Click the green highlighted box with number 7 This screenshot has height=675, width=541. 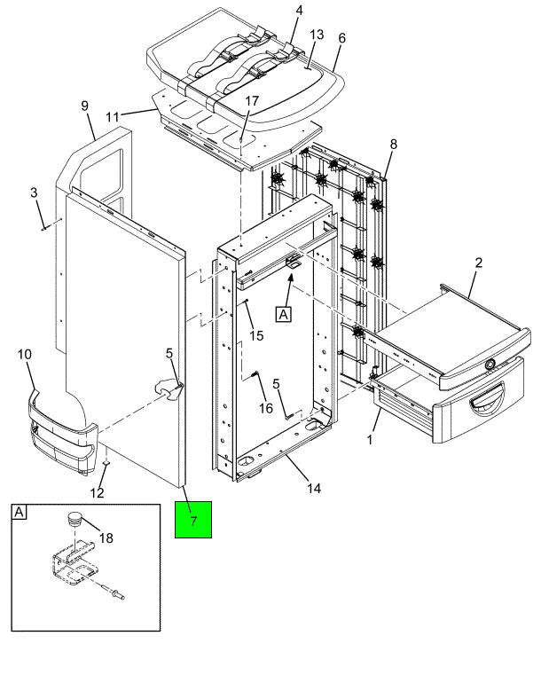point(193,520)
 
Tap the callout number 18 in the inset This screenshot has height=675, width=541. point(106,538)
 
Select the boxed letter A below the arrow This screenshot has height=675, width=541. point(283,314)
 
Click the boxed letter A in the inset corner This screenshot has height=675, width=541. point(19,513)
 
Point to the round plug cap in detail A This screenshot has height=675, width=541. point(75,519)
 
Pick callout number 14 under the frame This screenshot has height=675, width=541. point(314,488)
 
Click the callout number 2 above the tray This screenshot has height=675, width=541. point(479,263)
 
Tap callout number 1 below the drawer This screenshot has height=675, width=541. point(369,440)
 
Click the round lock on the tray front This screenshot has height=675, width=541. point(490,365)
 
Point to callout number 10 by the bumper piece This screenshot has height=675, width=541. point(25,355)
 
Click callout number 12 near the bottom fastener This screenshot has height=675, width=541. point(98,493)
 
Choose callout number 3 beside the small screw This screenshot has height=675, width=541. point(34,192)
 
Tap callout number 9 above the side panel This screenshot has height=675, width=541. point(85,106)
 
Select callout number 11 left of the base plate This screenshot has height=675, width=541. point(113,117)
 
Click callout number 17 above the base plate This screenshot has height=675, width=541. point(252,101)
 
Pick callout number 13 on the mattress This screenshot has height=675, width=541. point(317,35)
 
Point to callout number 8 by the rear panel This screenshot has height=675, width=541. point(394,145)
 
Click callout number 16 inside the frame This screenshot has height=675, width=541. point(266,408)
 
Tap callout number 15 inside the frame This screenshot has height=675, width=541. point(256,335)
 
